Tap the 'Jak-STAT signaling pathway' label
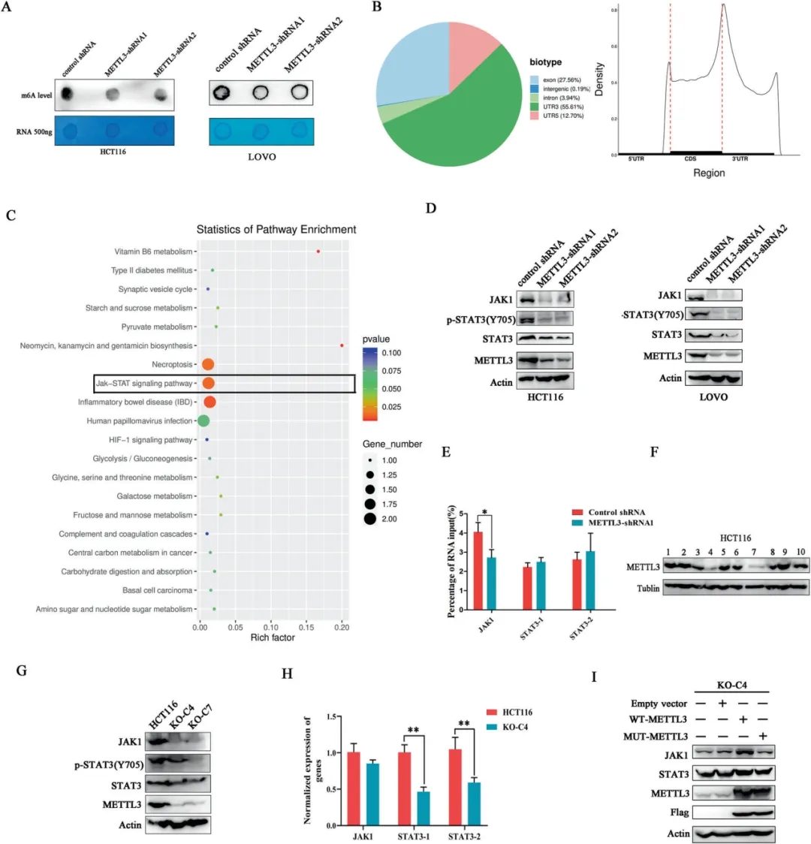[143, 384]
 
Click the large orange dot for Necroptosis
[208, 365]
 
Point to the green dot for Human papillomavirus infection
[203, 421]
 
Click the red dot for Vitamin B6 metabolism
[318, 252]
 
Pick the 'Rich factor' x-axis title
[273, 638]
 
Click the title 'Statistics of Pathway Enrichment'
[276, 229]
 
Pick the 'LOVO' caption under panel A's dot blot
[261, 157]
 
